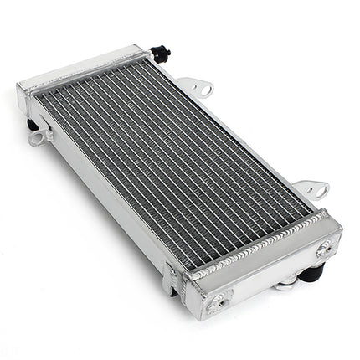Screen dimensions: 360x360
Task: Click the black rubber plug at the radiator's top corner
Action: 162,53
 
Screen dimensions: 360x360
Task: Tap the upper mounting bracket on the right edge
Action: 197,86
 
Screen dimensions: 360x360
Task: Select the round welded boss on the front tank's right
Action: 324,248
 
